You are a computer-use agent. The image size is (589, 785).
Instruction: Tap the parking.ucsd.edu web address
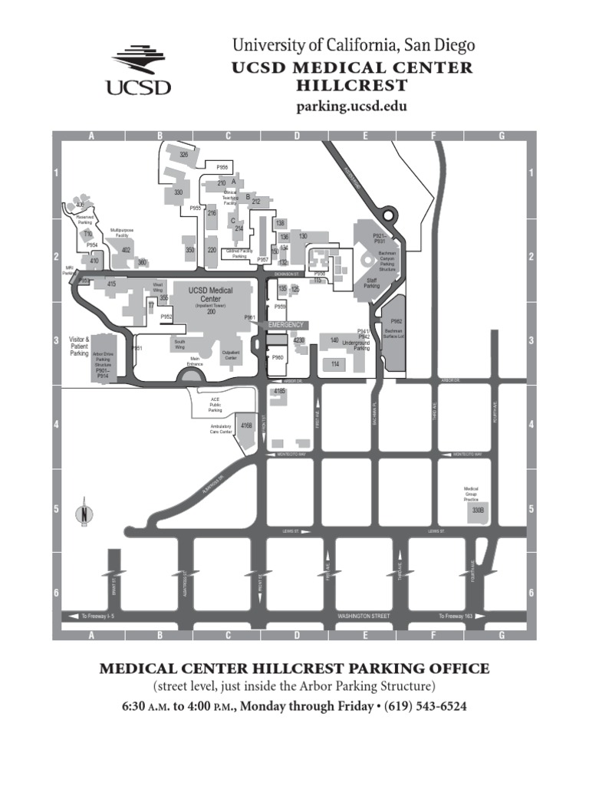(x=352, y=106)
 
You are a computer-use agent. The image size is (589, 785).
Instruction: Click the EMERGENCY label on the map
(x=286, y=325)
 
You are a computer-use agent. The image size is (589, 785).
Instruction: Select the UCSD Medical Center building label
(x=210, y=294)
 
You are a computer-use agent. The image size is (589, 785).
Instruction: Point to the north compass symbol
(x=84, y=515)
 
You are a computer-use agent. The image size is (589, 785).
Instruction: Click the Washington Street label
(x=364, y=616)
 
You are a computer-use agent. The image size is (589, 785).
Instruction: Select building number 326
(x=184, y=155)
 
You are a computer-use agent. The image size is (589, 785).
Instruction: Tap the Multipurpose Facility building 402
(x=126, y=250)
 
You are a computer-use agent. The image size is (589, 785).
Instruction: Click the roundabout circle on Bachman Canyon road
(x=388, y=214)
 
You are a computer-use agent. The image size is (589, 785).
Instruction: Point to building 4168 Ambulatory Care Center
(x=246, y=425)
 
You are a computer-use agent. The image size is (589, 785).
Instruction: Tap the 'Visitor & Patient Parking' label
(x=80, y=346)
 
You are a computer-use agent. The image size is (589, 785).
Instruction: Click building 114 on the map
(x=335, y=364)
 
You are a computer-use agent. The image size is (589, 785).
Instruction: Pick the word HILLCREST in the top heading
(x=352, y=84)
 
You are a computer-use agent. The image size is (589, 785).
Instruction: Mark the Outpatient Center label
(x=231, y=356)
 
